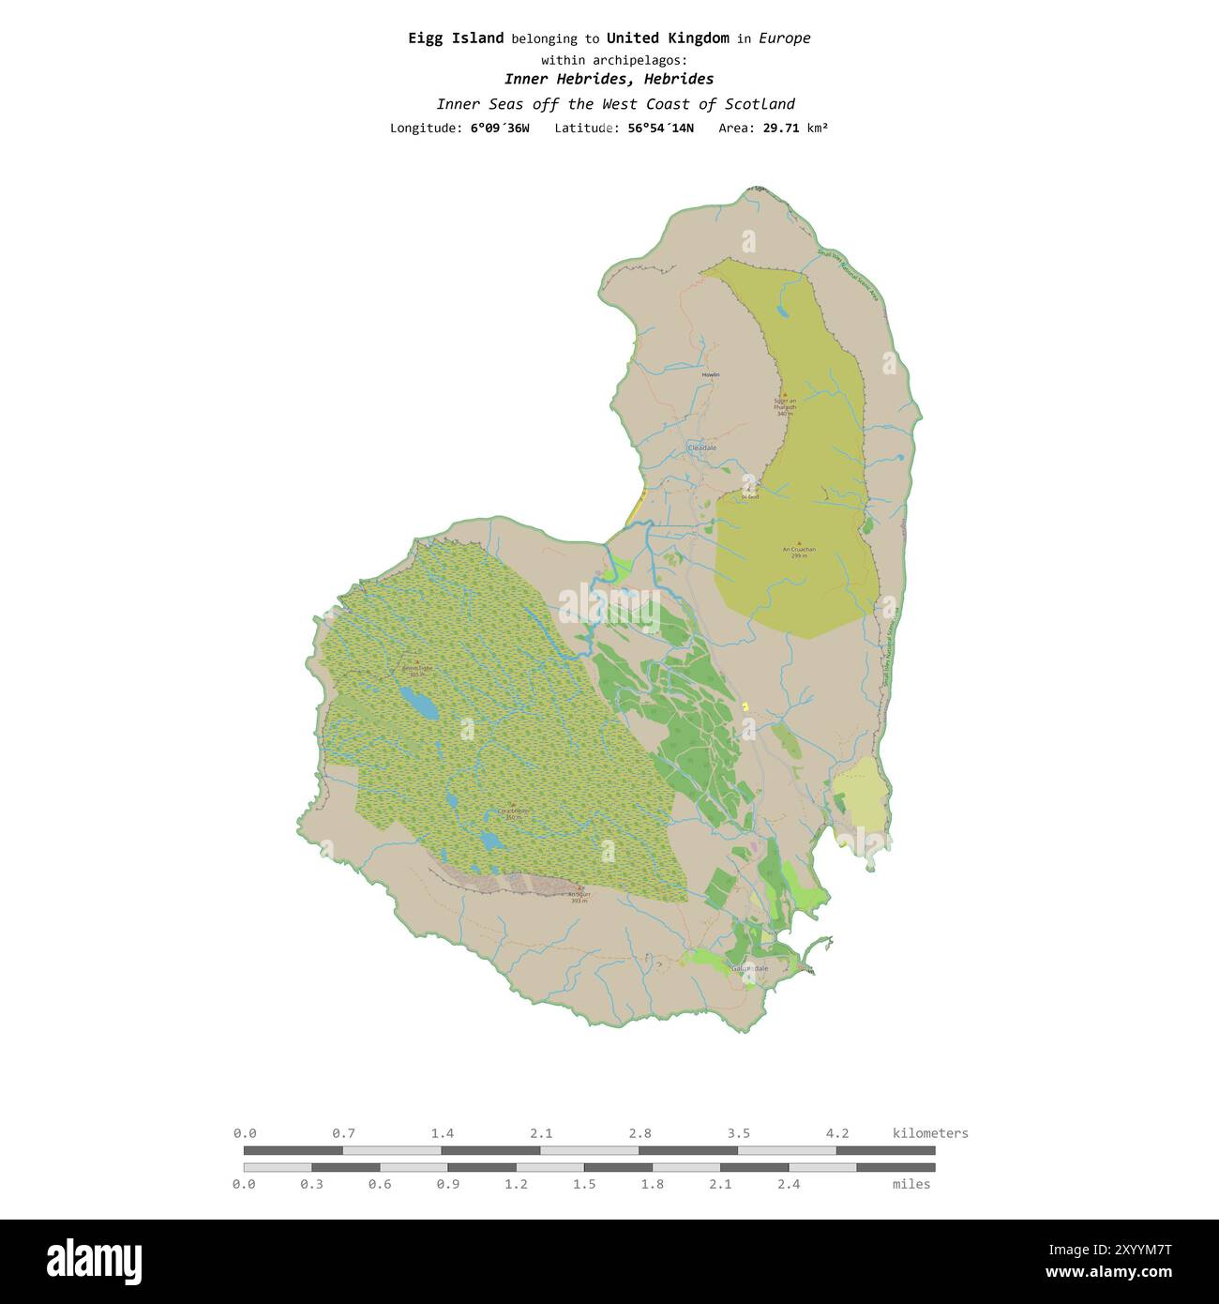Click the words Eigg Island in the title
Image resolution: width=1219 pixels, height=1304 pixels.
(x=456, y=38)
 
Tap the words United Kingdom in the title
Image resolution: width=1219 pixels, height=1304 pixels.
(x=667, y=38)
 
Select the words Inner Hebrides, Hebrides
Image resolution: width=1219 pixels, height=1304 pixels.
(x=609, y=79)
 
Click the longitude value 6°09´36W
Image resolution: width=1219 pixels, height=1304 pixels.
(x=499, y=128)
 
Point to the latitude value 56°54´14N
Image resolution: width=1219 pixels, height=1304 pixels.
(x=660, y=128)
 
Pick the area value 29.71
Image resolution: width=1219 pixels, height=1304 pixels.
(x=780, y=128)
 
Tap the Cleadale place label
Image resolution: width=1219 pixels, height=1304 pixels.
(x=701, y=448)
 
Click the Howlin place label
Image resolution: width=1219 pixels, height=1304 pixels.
(x=710, y=375)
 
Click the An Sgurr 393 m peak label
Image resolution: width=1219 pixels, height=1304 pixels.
(x=579, y=896)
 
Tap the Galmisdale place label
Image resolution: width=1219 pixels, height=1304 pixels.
(x=749, y=968)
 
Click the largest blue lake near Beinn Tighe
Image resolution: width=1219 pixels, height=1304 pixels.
(x=418, y=703)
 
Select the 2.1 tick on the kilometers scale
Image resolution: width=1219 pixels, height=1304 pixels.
(x=541, y=1133)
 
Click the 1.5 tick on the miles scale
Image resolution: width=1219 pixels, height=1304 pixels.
(x=584, y=1184)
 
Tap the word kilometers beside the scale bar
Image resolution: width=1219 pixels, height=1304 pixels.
(x=930, y=1133)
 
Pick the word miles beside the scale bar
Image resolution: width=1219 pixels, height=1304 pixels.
(x=910, y=1184)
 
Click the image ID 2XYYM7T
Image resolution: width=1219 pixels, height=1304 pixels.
(x=1121, y=1250)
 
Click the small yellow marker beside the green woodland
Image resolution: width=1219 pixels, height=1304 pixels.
(x=745, y=705)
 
